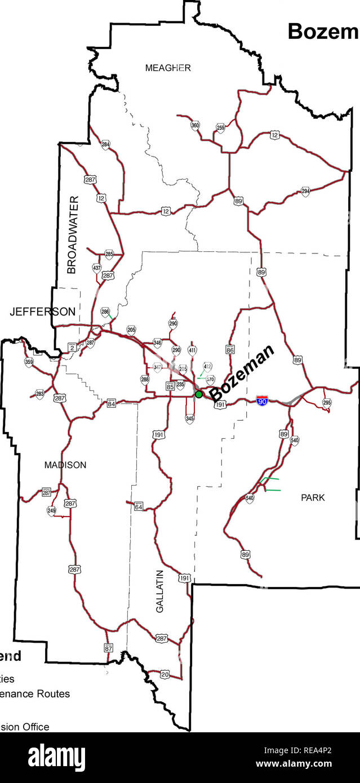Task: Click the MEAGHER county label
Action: [168, 68]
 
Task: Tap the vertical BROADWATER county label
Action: [72, 235]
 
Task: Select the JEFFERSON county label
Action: [42, 312]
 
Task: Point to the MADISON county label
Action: [65, 465]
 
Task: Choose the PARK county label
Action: [313, 498]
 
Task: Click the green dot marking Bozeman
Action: [199, 394]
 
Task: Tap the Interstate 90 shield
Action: [262, 401]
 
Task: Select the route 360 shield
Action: [195, 125]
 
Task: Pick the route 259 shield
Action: [220, 128]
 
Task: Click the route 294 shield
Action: [305, 192]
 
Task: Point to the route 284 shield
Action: [105, 145]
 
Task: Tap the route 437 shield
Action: [97, 268]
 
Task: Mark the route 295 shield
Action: [327, 402]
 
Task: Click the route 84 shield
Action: [112, 403]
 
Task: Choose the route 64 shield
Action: [139, 507]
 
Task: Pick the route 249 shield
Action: [51, 511]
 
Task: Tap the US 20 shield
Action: [165, 674]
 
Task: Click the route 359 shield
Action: [29, 362]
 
